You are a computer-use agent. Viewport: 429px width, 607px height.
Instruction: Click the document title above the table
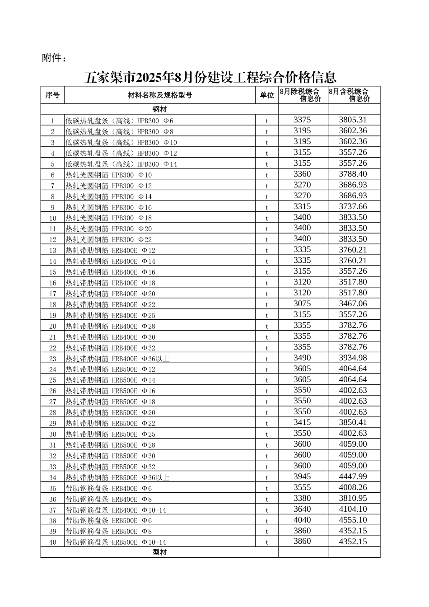pos(210,78)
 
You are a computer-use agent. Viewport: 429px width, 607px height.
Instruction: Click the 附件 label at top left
pos(54,58)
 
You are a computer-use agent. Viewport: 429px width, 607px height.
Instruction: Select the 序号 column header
pos(52,95)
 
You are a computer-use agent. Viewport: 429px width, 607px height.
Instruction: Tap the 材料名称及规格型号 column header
pos(160,95)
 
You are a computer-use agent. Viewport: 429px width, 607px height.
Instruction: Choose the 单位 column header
pos(267,95)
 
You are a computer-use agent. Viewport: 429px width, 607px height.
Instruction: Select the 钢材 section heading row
pos(160,109)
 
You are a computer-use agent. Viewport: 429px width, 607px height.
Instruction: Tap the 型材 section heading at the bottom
pos(160,552)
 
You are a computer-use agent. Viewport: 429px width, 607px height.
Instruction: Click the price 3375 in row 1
pos(302,120)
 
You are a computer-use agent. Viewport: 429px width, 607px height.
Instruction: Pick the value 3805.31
pos(353,120)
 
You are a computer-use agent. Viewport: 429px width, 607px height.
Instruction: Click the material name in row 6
pos(109,175)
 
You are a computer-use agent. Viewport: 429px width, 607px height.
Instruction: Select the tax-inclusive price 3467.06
pos(353,303)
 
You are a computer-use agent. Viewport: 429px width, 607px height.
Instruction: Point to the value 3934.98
pos(353,358)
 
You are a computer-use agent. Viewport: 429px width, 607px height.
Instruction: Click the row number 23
pos(53,359)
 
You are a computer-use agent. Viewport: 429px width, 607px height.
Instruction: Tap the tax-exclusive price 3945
pos(302,476)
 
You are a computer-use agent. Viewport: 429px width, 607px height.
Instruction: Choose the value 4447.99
pos(353,476)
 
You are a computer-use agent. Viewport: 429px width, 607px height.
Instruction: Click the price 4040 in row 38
pos(302,520)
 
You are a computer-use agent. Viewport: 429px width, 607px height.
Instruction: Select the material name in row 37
pos(116,510)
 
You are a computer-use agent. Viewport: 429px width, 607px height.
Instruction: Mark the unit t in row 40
pos(267,542)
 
